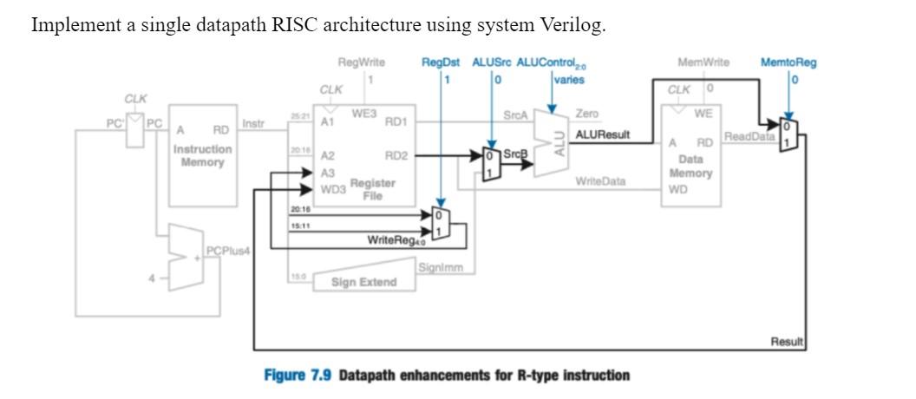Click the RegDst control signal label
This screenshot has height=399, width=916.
click(x=440, y=62)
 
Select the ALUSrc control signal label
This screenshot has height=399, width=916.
click(x=492, y=62)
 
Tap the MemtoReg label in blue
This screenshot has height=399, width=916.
click(x=788, y=62)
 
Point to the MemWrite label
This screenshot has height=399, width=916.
click(x=703, y=62)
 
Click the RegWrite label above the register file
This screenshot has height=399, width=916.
click(x=361, y=62)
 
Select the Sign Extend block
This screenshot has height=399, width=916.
click(x=363, y=282)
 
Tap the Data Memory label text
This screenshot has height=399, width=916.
click(x=690, y=167)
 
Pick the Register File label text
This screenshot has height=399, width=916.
click(x=372, y=190)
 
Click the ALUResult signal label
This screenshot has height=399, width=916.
click(x=603, y=135)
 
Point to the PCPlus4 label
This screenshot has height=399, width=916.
click(x=228, y=251)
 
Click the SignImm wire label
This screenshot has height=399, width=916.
click(x=445, y=268)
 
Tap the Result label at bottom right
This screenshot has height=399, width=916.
click(x=788, y=343)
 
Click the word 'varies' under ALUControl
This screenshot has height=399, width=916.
click(x=569, y=80)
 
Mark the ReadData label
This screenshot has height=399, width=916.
click(x=750, y=136)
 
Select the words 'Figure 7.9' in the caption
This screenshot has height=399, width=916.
click(x=298, y=376)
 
